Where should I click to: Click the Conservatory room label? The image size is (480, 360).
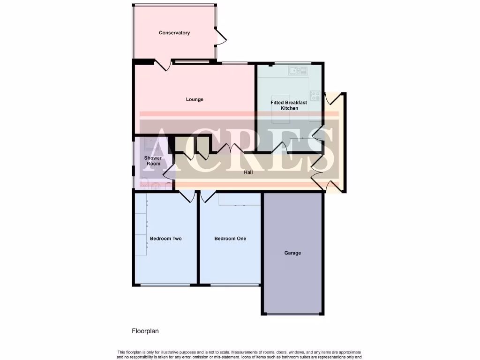174,33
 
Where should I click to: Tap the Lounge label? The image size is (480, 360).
195,99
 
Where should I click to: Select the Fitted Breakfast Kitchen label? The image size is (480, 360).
289,105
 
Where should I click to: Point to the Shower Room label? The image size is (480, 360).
153,161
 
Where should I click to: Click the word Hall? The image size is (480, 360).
248,172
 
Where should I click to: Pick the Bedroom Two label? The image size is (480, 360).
165,239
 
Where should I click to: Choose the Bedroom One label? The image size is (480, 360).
230,239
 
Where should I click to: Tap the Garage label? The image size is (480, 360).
292,253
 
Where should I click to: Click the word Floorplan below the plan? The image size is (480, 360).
145,331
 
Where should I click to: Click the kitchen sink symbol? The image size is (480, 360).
298,71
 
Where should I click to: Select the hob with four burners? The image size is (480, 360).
315,95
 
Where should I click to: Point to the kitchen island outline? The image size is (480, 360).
281,115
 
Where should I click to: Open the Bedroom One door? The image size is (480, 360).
207,196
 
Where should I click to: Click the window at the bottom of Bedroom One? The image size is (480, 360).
234,285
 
